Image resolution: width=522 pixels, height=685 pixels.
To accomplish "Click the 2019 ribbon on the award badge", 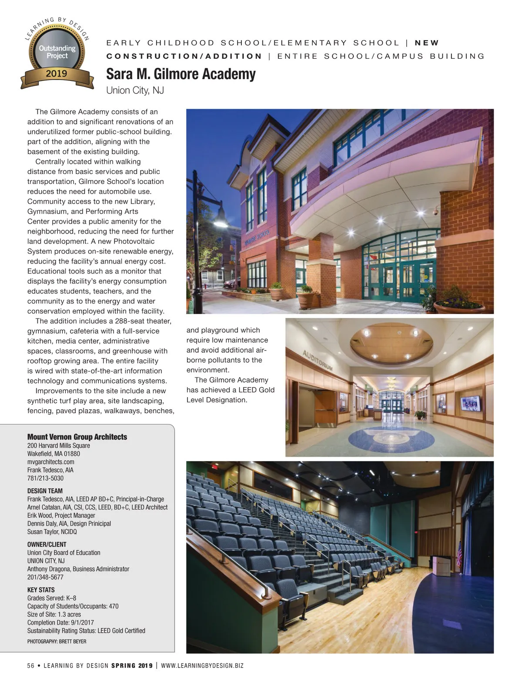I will pyautogui.click(x=57, y=74).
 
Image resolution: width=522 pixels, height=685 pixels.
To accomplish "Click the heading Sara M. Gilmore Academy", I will pyautogui.click(x=181, y=74).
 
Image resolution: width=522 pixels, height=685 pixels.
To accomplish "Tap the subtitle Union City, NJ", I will pyautogui.click(x=135, y=90).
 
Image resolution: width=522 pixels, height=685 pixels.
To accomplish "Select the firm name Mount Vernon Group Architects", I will pyautogui.click(x=77, y=437).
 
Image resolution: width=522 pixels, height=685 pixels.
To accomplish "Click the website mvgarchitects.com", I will pyautogui.click(x=50, y=461).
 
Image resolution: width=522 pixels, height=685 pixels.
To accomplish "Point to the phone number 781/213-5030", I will pyautogui.click(x=45, y=478).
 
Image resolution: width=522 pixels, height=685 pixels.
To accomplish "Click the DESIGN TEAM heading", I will pyautogui.click(x=45, y=491).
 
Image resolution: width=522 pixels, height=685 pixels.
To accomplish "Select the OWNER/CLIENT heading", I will pyautogui.click(x=47, y=544).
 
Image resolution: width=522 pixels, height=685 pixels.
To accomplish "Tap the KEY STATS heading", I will pyautogui.click(x=41, y=590).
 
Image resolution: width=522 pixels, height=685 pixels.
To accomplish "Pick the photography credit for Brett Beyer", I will pyautogui.click(x=57, y=641).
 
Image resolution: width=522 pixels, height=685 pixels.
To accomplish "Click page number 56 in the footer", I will pyautogui.click(x=30, y=665).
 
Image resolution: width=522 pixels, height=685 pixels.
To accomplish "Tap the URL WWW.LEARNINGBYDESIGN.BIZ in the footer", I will pyautogui.click(x=202, y=665).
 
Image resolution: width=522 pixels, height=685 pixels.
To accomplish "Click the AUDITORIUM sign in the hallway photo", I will pyautogui.click(x=317, y=360).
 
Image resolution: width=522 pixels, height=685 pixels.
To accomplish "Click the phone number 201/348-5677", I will pyautogui.click(x=45, y=577).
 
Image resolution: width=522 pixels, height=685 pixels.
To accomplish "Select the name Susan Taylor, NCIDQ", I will pyautogui.click(x=52, y=531).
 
